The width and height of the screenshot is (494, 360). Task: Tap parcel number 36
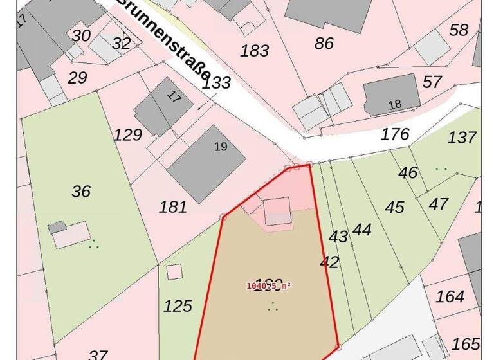click(x=81, y=192)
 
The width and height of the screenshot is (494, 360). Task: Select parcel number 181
click(x=172, y=207)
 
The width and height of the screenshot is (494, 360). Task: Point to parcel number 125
click(x=178, y=306)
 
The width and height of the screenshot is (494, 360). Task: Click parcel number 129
click(x=127, y=135)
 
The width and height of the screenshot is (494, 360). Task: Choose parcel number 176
click(x=395, y=134)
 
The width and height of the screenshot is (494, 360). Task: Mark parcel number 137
click(x=462, y=137)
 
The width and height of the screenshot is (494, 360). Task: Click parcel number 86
click(x=324, y=44)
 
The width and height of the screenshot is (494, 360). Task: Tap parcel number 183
click(x=254, y=51)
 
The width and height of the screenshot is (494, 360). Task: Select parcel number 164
click(x=450, y=296)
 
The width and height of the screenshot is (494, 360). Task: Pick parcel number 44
click(x=362, y=230)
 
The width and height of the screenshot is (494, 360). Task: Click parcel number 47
click(x=439, y=204)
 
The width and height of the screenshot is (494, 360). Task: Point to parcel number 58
click(x=459, y=30)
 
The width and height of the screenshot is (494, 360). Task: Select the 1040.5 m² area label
click(x=269, y=286)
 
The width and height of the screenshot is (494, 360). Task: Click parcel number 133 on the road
click(x=216, y=83)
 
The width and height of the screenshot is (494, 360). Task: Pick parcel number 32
click(x=121, y=44)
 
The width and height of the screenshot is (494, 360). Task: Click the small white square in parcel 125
click(x=174, y=271)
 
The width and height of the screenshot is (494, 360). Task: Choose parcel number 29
click(x=77, y=78)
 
